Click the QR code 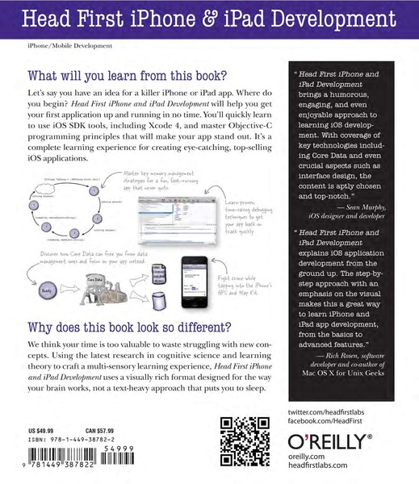245,440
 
